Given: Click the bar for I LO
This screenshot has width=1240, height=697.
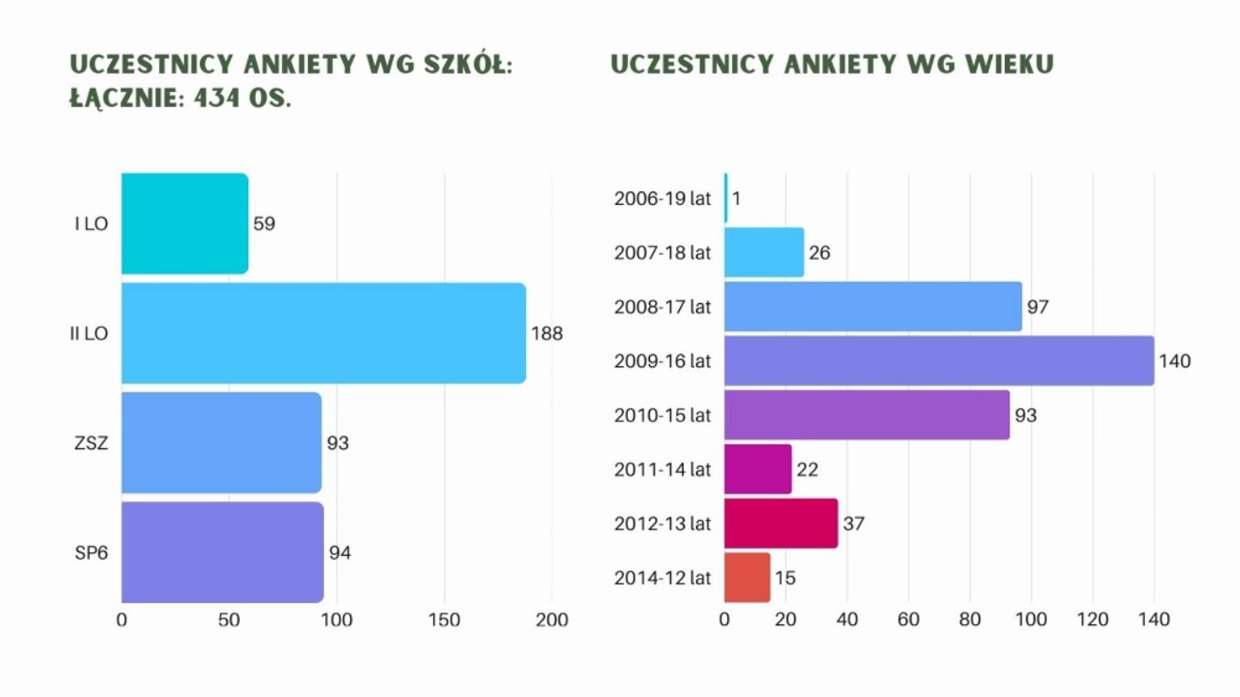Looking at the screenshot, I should (x=185, y=224).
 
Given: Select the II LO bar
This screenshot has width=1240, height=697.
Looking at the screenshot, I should (x=323, y=333).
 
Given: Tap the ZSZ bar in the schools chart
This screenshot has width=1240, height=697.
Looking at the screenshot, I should (x=221, y=443).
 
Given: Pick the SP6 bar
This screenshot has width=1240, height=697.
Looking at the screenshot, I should (x=223, y=553).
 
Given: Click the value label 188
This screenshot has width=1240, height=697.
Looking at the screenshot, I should (x=547, y=334).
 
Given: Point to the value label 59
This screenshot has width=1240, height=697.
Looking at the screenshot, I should (x=264, y=224).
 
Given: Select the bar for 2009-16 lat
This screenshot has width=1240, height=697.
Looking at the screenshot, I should (x=939, y=361).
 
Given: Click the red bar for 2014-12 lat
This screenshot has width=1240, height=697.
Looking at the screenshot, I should (x=746, y=578).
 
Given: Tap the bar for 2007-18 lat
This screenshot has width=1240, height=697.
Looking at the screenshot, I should (x=763, y=252).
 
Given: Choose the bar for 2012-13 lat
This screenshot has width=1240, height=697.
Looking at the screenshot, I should (x=780, y=524).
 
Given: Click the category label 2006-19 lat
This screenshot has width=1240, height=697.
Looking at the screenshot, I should (x=662, y=199).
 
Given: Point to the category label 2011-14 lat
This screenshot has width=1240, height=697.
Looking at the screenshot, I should (x=662, y=469).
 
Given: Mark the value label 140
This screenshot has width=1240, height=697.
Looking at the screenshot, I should (x=1174, y=361).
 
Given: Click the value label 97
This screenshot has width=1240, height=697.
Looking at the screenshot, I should (x=1037, y=307).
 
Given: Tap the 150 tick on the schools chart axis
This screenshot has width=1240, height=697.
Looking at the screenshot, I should (x=444, y=620).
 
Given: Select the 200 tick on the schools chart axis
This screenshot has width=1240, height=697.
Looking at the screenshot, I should (x=552, y=620).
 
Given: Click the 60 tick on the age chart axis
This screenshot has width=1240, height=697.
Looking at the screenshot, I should (x=909, y=620).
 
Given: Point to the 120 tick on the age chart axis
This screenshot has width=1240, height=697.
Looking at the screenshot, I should (x=1092, y=620).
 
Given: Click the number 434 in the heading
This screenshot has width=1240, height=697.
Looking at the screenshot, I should (x=216, y=98).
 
